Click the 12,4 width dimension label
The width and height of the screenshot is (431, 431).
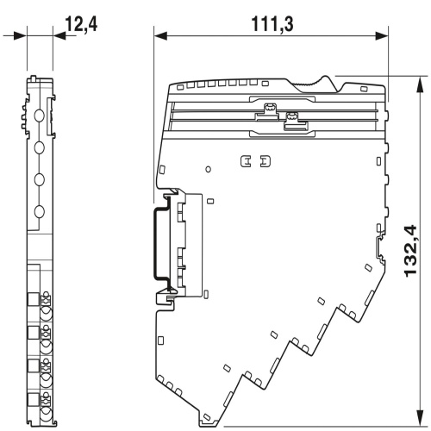82,24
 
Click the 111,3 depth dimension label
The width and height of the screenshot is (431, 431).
272,24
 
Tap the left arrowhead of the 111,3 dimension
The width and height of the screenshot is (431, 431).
160,36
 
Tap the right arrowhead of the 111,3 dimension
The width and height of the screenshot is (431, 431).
382,36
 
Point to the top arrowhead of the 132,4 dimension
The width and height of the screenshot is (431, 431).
421,84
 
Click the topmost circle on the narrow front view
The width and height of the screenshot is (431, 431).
40,116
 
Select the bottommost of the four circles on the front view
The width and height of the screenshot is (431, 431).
40,212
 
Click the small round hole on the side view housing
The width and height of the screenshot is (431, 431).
209,169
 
